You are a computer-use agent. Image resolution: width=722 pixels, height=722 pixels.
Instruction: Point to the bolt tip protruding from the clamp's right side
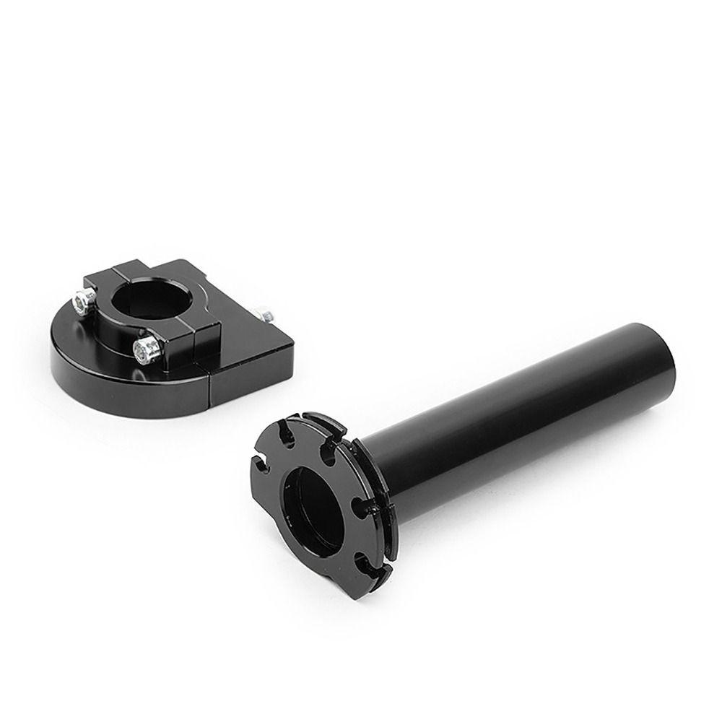[x=267, y=316]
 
